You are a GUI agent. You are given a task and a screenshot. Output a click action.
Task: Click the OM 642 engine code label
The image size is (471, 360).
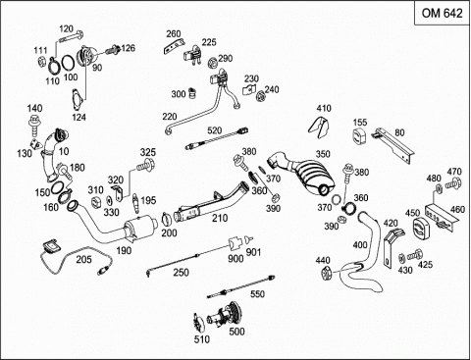(x=442, y=13)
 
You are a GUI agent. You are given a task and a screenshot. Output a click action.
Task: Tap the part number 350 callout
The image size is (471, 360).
(x=323, y=154)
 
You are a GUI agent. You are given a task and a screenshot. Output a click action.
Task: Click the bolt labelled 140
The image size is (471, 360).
(x=33, y=125)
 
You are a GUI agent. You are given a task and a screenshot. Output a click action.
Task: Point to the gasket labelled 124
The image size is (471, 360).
(x=78, y=100)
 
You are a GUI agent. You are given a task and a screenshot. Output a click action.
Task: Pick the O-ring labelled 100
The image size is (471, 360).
(x=68, y=62)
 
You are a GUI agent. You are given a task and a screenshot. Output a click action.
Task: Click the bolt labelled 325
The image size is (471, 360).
(x=145, y=165)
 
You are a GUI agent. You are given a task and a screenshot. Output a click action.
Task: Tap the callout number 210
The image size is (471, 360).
(x=220, y=218)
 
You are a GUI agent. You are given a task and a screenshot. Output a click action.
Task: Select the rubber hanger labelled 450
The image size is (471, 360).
(x=421, y=229)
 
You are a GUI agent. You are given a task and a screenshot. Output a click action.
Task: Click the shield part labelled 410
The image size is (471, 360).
(x=318, y=128)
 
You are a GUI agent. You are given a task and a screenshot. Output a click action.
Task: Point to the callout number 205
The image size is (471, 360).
(x=84, y=259)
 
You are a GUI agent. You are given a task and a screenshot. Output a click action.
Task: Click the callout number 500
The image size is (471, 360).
(x=236, y=332)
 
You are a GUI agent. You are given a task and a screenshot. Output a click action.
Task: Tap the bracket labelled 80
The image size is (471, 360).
(x=393, y=145)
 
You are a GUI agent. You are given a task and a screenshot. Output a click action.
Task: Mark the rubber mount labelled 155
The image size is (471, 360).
(x=359, y=136)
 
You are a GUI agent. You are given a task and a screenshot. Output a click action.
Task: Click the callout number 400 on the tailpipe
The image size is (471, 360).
(x=360, y=244)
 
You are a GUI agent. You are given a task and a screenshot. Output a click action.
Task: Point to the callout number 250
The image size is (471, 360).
(x=181, y=272)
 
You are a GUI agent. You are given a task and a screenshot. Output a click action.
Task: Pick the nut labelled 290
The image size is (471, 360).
(x=213, y=63)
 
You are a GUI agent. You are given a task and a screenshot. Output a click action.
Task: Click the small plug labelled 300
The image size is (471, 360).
(x=193, y=93)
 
